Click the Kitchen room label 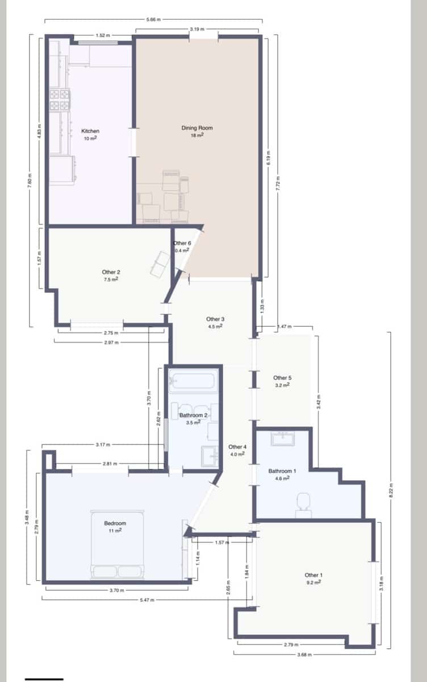point(90,131)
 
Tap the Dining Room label point(197,128)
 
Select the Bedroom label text point(115,523)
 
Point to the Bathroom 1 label point(282,471)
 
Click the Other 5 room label point(282,378)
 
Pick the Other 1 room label point(313,575)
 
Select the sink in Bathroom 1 point(283,439)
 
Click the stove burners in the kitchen point(60,99)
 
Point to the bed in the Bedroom point(118,544)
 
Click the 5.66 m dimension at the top point(153,19)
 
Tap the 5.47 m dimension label point(147,600)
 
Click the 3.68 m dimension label point(304,652)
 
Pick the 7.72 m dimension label point(278,184)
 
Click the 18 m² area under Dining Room point(197,135)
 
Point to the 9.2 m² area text point(313,583)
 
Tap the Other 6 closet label point(182,243)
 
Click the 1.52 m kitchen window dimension point(103,35)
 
